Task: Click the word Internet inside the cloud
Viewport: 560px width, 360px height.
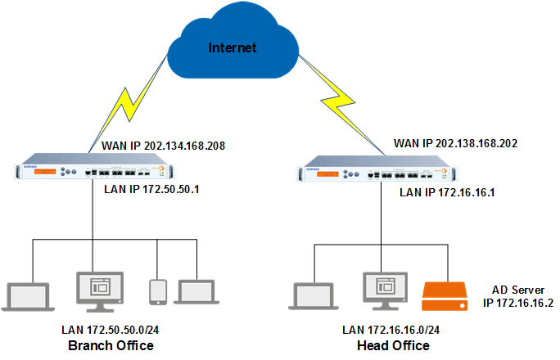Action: tap(233, 47)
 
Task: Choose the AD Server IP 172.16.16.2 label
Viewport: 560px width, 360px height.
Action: tap(517, 295)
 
